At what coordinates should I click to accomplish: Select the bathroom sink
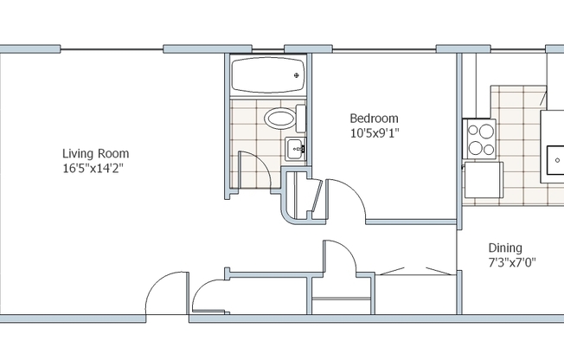[x=295, y=148]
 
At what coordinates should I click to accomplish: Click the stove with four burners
[x=480, y=139]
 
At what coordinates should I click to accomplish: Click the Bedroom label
[x=374, y=119]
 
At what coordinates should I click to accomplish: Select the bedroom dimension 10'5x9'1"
[x=375, y=133]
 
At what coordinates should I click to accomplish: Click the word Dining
[x=505, y=247]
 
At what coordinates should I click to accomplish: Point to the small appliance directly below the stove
[x=484, y=180]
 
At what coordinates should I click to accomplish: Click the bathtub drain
[x=298, y=76]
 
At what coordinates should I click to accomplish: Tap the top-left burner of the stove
[x=474, y=132]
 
